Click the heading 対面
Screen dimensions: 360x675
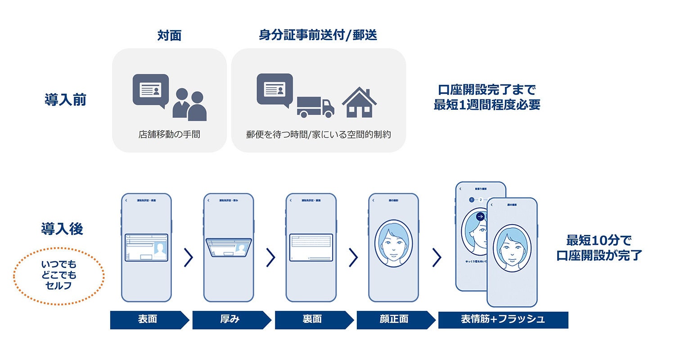(169, 36)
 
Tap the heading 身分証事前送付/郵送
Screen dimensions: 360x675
(318, 36)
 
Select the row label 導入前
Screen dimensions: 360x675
(65, 99)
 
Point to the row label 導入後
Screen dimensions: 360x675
(62, 229)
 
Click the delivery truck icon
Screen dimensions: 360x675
(315, 107)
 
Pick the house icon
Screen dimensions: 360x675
(359, 103)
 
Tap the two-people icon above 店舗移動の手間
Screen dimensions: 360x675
(189, 104)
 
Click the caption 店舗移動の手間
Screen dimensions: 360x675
(169, 134)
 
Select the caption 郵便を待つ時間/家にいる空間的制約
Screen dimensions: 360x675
(318, 134)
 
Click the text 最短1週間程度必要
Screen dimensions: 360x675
(487, 105)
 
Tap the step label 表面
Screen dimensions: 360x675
(148, 319)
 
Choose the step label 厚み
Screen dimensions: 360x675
(230, 319)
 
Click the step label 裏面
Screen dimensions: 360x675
(312, 319)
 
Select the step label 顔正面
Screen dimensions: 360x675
(394, 319)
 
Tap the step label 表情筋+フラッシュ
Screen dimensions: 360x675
(503, 319)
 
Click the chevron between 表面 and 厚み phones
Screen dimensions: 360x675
(189, 257)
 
